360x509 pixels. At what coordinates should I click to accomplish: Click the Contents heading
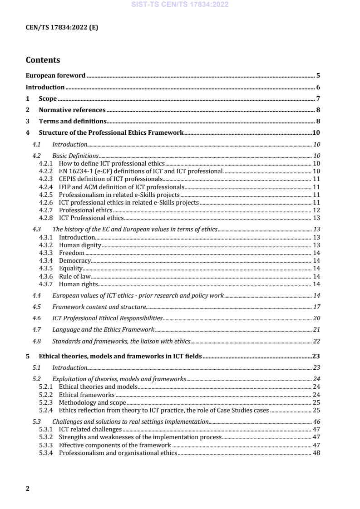[43, 60]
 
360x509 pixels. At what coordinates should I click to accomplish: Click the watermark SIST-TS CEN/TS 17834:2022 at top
[180, 5]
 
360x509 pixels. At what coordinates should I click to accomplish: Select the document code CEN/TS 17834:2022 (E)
[62, 27]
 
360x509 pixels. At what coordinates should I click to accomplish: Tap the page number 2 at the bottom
[28, 489]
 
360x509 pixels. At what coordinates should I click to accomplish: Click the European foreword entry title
[55, 76]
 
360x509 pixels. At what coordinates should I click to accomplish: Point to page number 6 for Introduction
[319, 87]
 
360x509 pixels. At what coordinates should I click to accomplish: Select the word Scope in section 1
[48, 98]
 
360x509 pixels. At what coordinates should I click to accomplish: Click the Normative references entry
[72, 110]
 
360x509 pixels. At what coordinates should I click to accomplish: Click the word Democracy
[75, 260]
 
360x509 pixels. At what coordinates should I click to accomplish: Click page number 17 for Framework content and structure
[317, 307]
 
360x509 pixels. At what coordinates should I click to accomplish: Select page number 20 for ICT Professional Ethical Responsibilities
[317, 318]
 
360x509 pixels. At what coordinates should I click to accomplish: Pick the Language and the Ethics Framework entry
[103, 329]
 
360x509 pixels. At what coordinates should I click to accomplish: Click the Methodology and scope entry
[92, 402]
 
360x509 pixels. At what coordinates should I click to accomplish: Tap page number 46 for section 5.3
[317, 421]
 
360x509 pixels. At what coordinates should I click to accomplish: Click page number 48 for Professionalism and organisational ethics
[317, 452]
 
